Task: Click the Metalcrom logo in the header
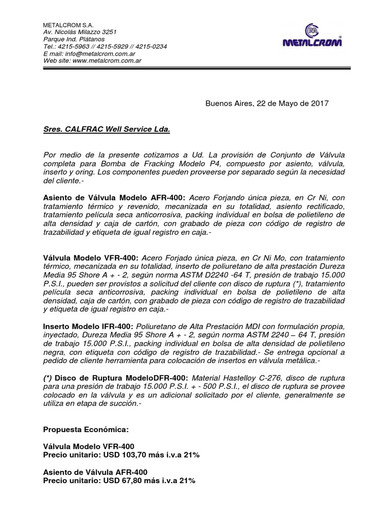point(313,36)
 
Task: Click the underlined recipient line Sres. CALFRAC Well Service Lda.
point(107,130)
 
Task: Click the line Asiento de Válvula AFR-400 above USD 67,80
point(97,472)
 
